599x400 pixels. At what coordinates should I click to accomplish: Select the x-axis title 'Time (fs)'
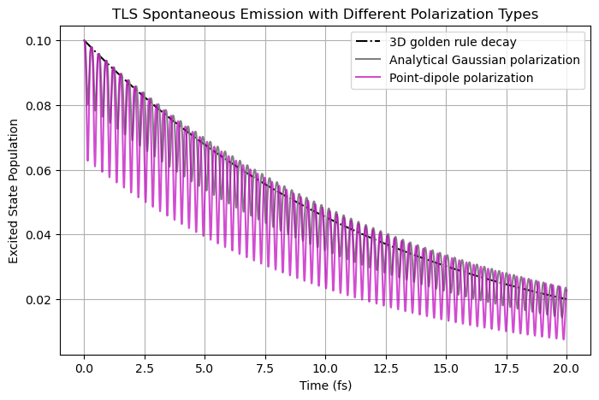pos(325,385)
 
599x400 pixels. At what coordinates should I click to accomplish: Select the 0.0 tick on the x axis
pos(84,368)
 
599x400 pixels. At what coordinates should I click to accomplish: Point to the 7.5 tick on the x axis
pos(265,368)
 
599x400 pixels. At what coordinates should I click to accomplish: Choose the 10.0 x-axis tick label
pos(325,368)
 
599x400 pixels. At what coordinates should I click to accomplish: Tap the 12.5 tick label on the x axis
pos(385,368)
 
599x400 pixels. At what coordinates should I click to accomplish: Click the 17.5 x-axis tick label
pos(506,368)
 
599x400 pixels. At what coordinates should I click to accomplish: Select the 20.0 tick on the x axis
pos(566,368)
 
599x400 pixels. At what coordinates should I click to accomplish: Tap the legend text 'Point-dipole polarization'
pos(461,78)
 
